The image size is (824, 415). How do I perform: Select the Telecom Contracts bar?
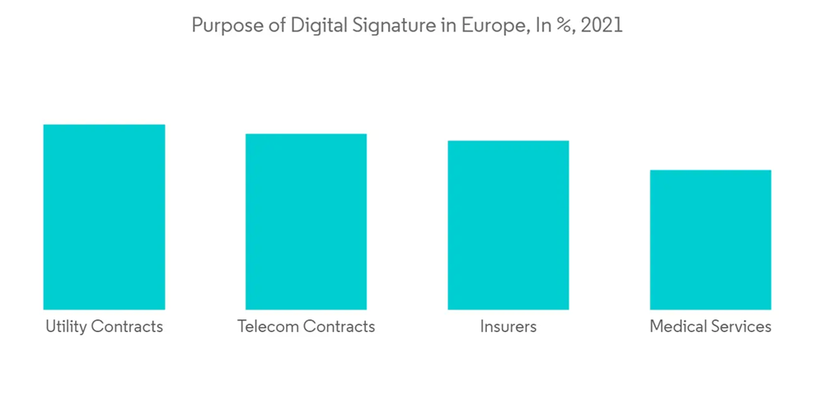pos(306,221)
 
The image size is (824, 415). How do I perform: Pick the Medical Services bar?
pos(710,240)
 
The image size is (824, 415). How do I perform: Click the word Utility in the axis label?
pos(66,326)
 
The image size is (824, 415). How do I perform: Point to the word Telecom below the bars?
pos(268,326)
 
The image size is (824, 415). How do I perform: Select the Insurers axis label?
pos(508,326)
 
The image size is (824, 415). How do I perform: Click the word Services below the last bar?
pos(741,326)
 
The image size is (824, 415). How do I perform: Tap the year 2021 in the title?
pos(602,26)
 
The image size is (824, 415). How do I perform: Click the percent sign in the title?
pos(566,26)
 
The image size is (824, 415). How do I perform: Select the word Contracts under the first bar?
pos(127,326)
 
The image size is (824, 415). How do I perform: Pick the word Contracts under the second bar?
pos(339,326)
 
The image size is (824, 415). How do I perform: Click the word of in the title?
pos(269,26)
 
